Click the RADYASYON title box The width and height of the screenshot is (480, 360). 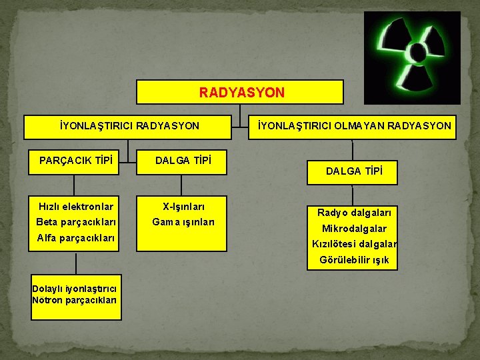click(x=241, y=92)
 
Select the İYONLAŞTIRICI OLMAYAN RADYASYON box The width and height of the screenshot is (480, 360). click(x=354, y=126)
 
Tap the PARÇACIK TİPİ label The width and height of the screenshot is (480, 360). click(x=75, y=160)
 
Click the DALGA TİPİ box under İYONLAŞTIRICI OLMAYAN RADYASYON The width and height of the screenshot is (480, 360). click(x=354, y=172)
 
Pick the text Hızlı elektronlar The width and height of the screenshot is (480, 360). click(x=75, y=207)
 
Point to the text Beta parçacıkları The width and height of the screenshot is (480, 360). click(x=76, y=222)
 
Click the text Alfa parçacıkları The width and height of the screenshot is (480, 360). click(x=76, y=238)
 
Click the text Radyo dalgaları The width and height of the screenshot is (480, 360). click(x=354, y=213)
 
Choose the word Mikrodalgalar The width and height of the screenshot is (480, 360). click(x=354, y=229)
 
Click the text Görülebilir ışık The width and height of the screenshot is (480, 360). click(x=354, y=260)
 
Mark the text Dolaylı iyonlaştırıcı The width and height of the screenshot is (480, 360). click(x=75, y=289)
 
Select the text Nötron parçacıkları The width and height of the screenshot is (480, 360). click(x=75, y=300)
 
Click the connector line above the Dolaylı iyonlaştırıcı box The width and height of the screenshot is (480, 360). click(x=76, y=263)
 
